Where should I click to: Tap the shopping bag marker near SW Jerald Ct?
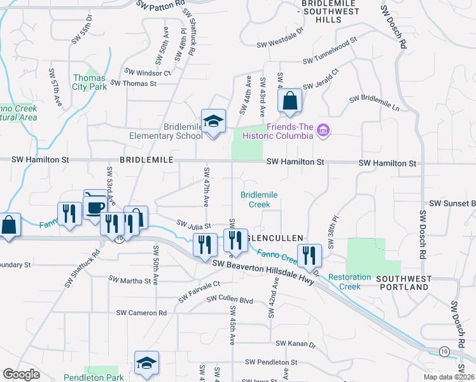point(290,101)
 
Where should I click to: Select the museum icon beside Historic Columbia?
point(323,131)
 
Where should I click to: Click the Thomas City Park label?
point(89,82)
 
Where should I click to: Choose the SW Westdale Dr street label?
point(281,45)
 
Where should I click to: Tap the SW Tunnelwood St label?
point(330,60)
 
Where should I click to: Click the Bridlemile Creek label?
point(255,200)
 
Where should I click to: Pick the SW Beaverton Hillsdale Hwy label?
point(263,271)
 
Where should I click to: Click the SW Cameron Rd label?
point(141,313)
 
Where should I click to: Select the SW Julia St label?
point(193,224)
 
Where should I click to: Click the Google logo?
point(21,374)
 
